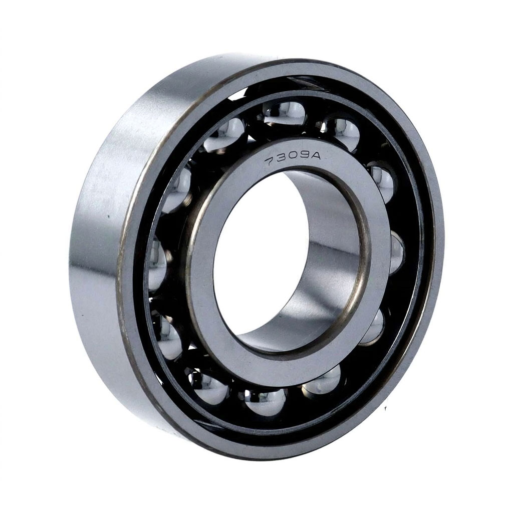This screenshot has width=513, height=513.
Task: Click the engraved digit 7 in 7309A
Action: [271, 161]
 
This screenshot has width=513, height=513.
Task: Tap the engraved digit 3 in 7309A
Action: [283, 159]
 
